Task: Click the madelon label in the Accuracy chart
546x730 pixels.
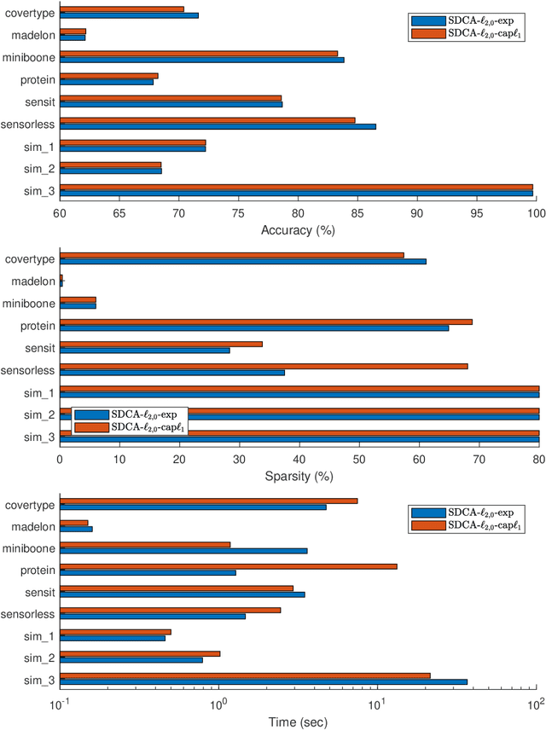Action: tap(33, 36)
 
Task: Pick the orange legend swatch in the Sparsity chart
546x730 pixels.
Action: tap(91, 426)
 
